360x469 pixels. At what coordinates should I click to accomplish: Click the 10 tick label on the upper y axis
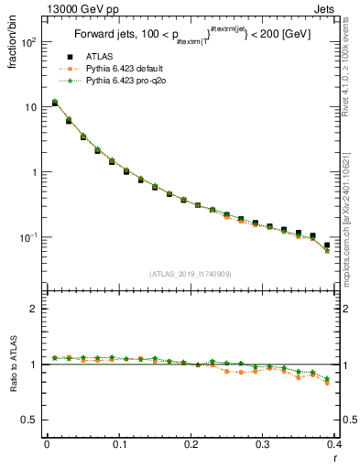click(x=30, y=107)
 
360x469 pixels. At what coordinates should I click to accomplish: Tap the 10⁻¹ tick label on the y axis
click(x=27, y=237)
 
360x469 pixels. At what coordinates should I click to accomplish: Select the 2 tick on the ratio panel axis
click(x=33, y=309)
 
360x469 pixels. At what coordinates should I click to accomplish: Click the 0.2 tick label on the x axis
click(x=191, y=444)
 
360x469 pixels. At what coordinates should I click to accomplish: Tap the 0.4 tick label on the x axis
click(x=334, y=444)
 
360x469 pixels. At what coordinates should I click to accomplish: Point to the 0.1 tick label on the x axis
click(x=119, y=444)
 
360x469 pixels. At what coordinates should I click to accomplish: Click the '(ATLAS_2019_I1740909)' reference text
click(x=191, y=273)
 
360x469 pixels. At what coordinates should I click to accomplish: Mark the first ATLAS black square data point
click(x=55, y=104)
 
